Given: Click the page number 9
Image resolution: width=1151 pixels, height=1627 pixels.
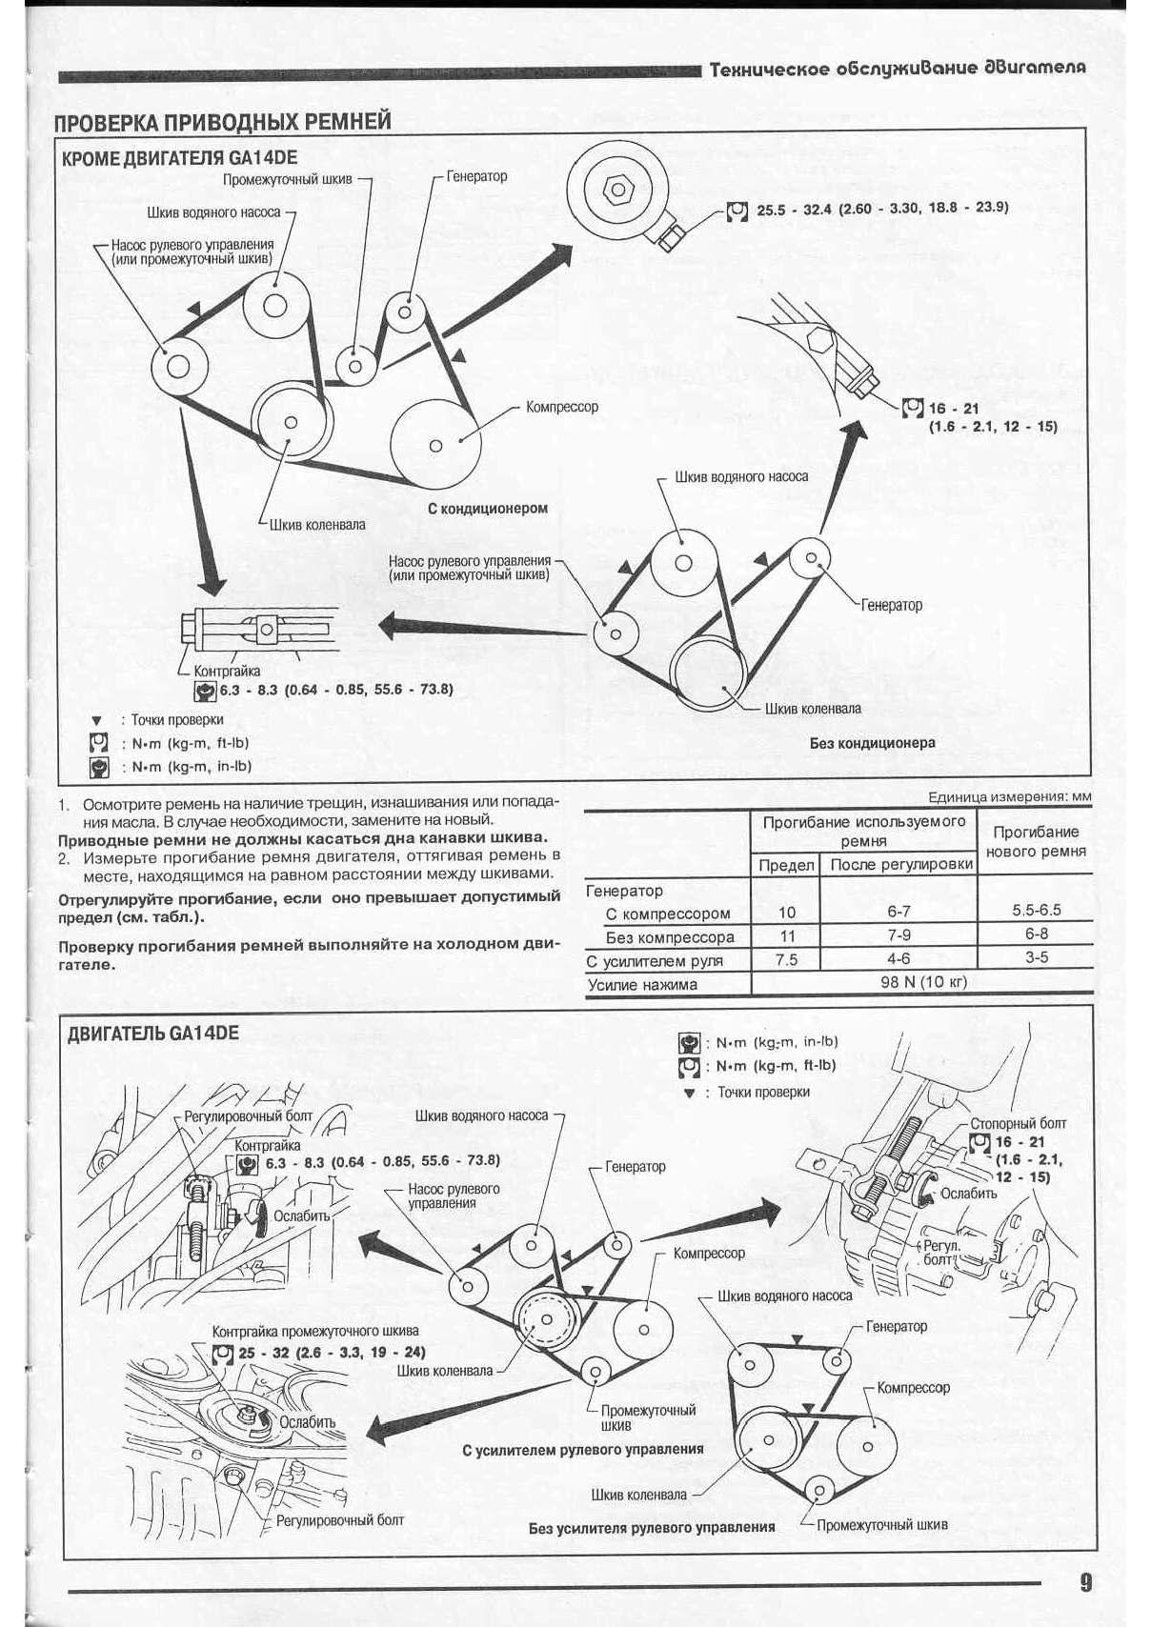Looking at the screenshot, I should coord(1085,1583).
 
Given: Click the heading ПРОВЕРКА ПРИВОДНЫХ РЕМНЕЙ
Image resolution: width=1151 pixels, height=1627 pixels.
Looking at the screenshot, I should coord(222,122).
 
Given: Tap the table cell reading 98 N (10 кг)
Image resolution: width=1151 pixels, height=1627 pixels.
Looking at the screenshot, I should coord(922,983).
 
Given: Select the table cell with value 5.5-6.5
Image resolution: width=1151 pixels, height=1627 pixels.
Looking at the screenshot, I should coord(1036,910).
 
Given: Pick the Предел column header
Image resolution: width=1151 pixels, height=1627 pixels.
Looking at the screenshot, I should coord(786,865).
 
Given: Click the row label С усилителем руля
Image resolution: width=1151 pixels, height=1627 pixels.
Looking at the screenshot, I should coord(655,961).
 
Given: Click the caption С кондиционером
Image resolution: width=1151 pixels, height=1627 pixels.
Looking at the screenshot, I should coord(488,509).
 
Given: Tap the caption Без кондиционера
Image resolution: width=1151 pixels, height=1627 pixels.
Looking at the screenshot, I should coord(872,743).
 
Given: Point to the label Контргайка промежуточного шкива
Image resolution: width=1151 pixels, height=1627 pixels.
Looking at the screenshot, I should coord(315,1331).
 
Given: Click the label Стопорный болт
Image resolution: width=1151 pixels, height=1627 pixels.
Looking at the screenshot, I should coord(1018,1124).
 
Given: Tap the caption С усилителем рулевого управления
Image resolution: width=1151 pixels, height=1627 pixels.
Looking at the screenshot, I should coord(582,1450).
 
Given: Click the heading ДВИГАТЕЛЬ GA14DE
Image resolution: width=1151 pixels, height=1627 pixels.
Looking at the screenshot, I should coord(153,1034).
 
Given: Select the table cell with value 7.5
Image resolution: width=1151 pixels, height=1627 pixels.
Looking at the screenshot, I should coord(786,960).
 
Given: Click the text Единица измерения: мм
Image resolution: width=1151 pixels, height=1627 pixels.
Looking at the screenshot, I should coord(1009,797).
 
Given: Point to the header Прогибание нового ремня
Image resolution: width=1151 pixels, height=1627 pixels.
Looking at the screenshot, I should coord(1036,841).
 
